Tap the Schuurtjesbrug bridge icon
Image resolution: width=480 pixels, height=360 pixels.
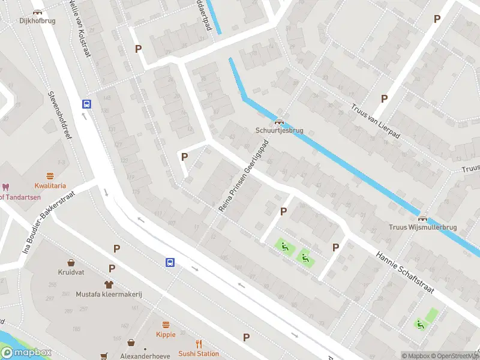[x=279, y=122]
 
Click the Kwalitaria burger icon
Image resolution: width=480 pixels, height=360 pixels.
[x=50, y=176]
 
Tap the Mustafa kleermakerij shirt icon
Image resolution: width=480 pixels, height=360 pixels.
[x=109, y=284]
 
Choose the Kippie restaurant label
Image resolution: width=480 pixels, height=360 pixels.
[x=166, y=335]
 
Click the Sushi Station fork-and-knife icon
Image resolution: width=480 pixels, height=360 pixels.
[x=199, y=344]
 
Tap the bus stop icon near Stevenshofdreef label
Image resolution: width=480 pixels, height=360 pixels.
[x=87, y=104]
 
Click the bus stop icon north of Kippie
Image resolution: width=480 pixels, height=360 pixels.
[x=170, y=262]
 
